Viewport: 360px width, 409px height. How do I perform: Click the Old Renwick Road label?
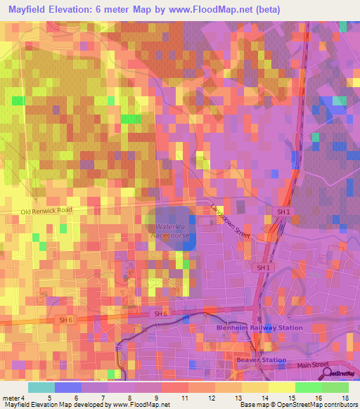tap(46, 211)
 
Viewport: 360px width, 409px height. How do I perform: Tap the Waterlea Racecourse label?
tap(169, 231)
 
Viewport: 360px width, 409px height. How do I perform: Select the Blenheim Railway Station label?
tap(259, 327)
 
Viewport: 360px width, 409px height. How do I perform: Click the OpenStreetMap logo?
tap(340, 374)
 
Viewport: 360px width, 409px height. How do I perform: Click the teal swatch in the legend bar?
tap(41, 387)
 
